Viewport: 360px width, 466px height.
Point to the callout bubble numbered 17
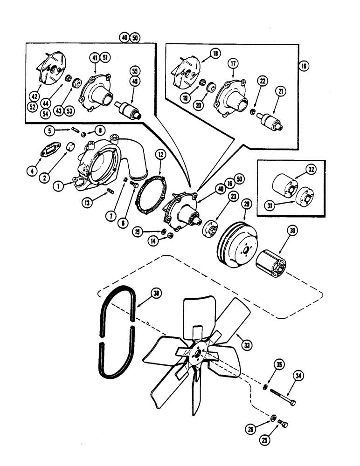[232, 64]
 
